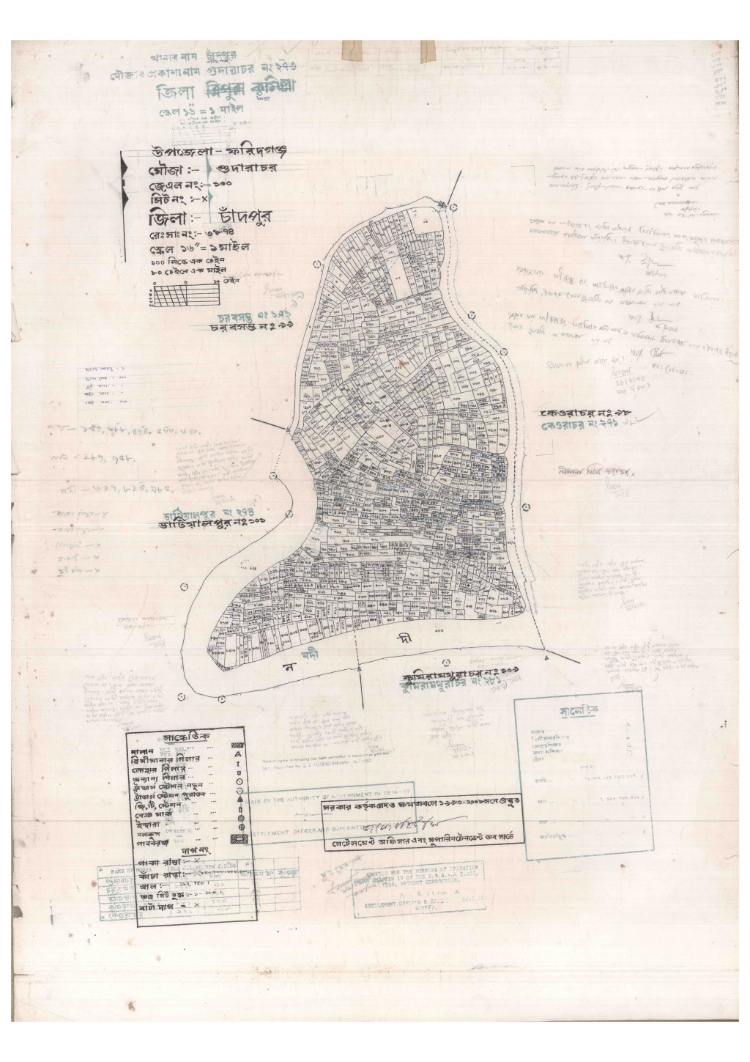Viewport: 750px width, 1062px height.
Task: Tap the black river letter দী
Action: (404, 640)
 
